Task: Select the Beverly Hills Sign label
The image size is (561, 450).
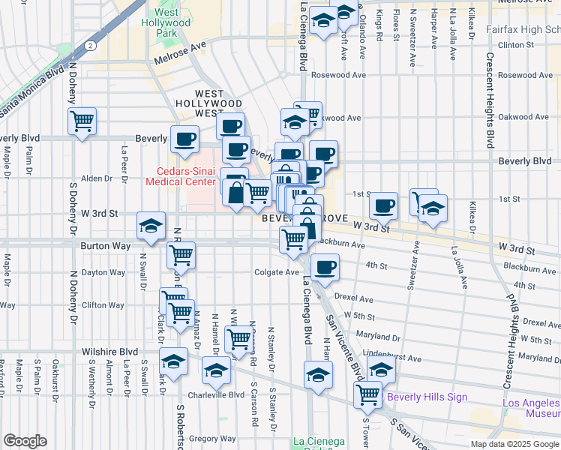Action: click(x=426, y=397)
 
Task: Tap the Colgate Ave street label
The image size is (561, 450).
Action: click(x=276, y=272)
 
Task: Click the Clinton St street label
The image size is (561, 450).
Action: click(x=525, y=45)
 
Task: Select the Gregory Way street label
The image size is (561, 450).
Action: click(x=213, y=439)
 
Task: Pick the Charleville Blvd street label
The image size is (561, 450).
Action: click(x=216, y=394)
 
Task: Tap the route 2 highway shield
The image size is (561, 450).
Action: click(x=90, y=46)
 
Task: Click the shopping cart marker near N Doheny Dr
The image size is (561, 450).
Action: click(x=82, y=121)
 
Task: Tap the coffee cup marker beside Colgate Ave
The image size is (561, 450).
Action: click(x=325, y=267)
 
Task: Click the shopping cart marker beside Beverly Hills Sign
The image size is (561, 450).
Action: click(x=368, y=394)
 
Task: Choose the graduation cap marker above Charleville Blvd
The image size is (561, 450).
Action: click(x=217, y=370)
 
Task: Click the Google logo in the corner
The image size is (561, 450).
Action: click(x=25, y=441)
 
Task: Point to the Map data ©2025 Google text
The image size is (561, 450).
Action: click(x=514, y=444)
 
